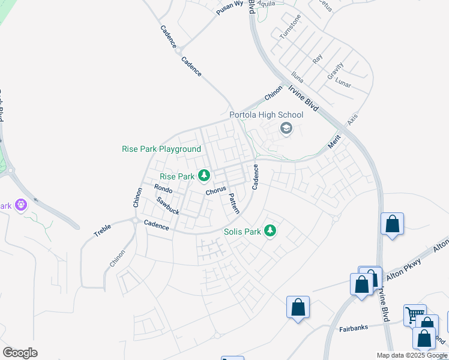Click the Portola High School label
(266, 115)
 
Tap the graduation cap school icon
(286, 128)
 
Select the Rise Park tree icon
(205, 175)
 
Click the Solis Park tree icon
(270, 230)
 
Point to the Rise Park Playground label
(161, 149)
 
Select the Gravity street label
(335, 71)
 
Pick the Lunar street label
(343, 82)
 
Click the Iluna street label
(297, 76)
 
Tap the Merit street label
(334, 142)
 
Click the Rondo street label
(164, 190)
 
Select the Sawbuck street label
(168, 206)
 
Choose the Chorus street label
(215, 191)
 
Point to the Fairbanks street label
(353, 329)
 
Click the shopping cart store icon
(414, 315)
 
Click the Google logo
(20, 353)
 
